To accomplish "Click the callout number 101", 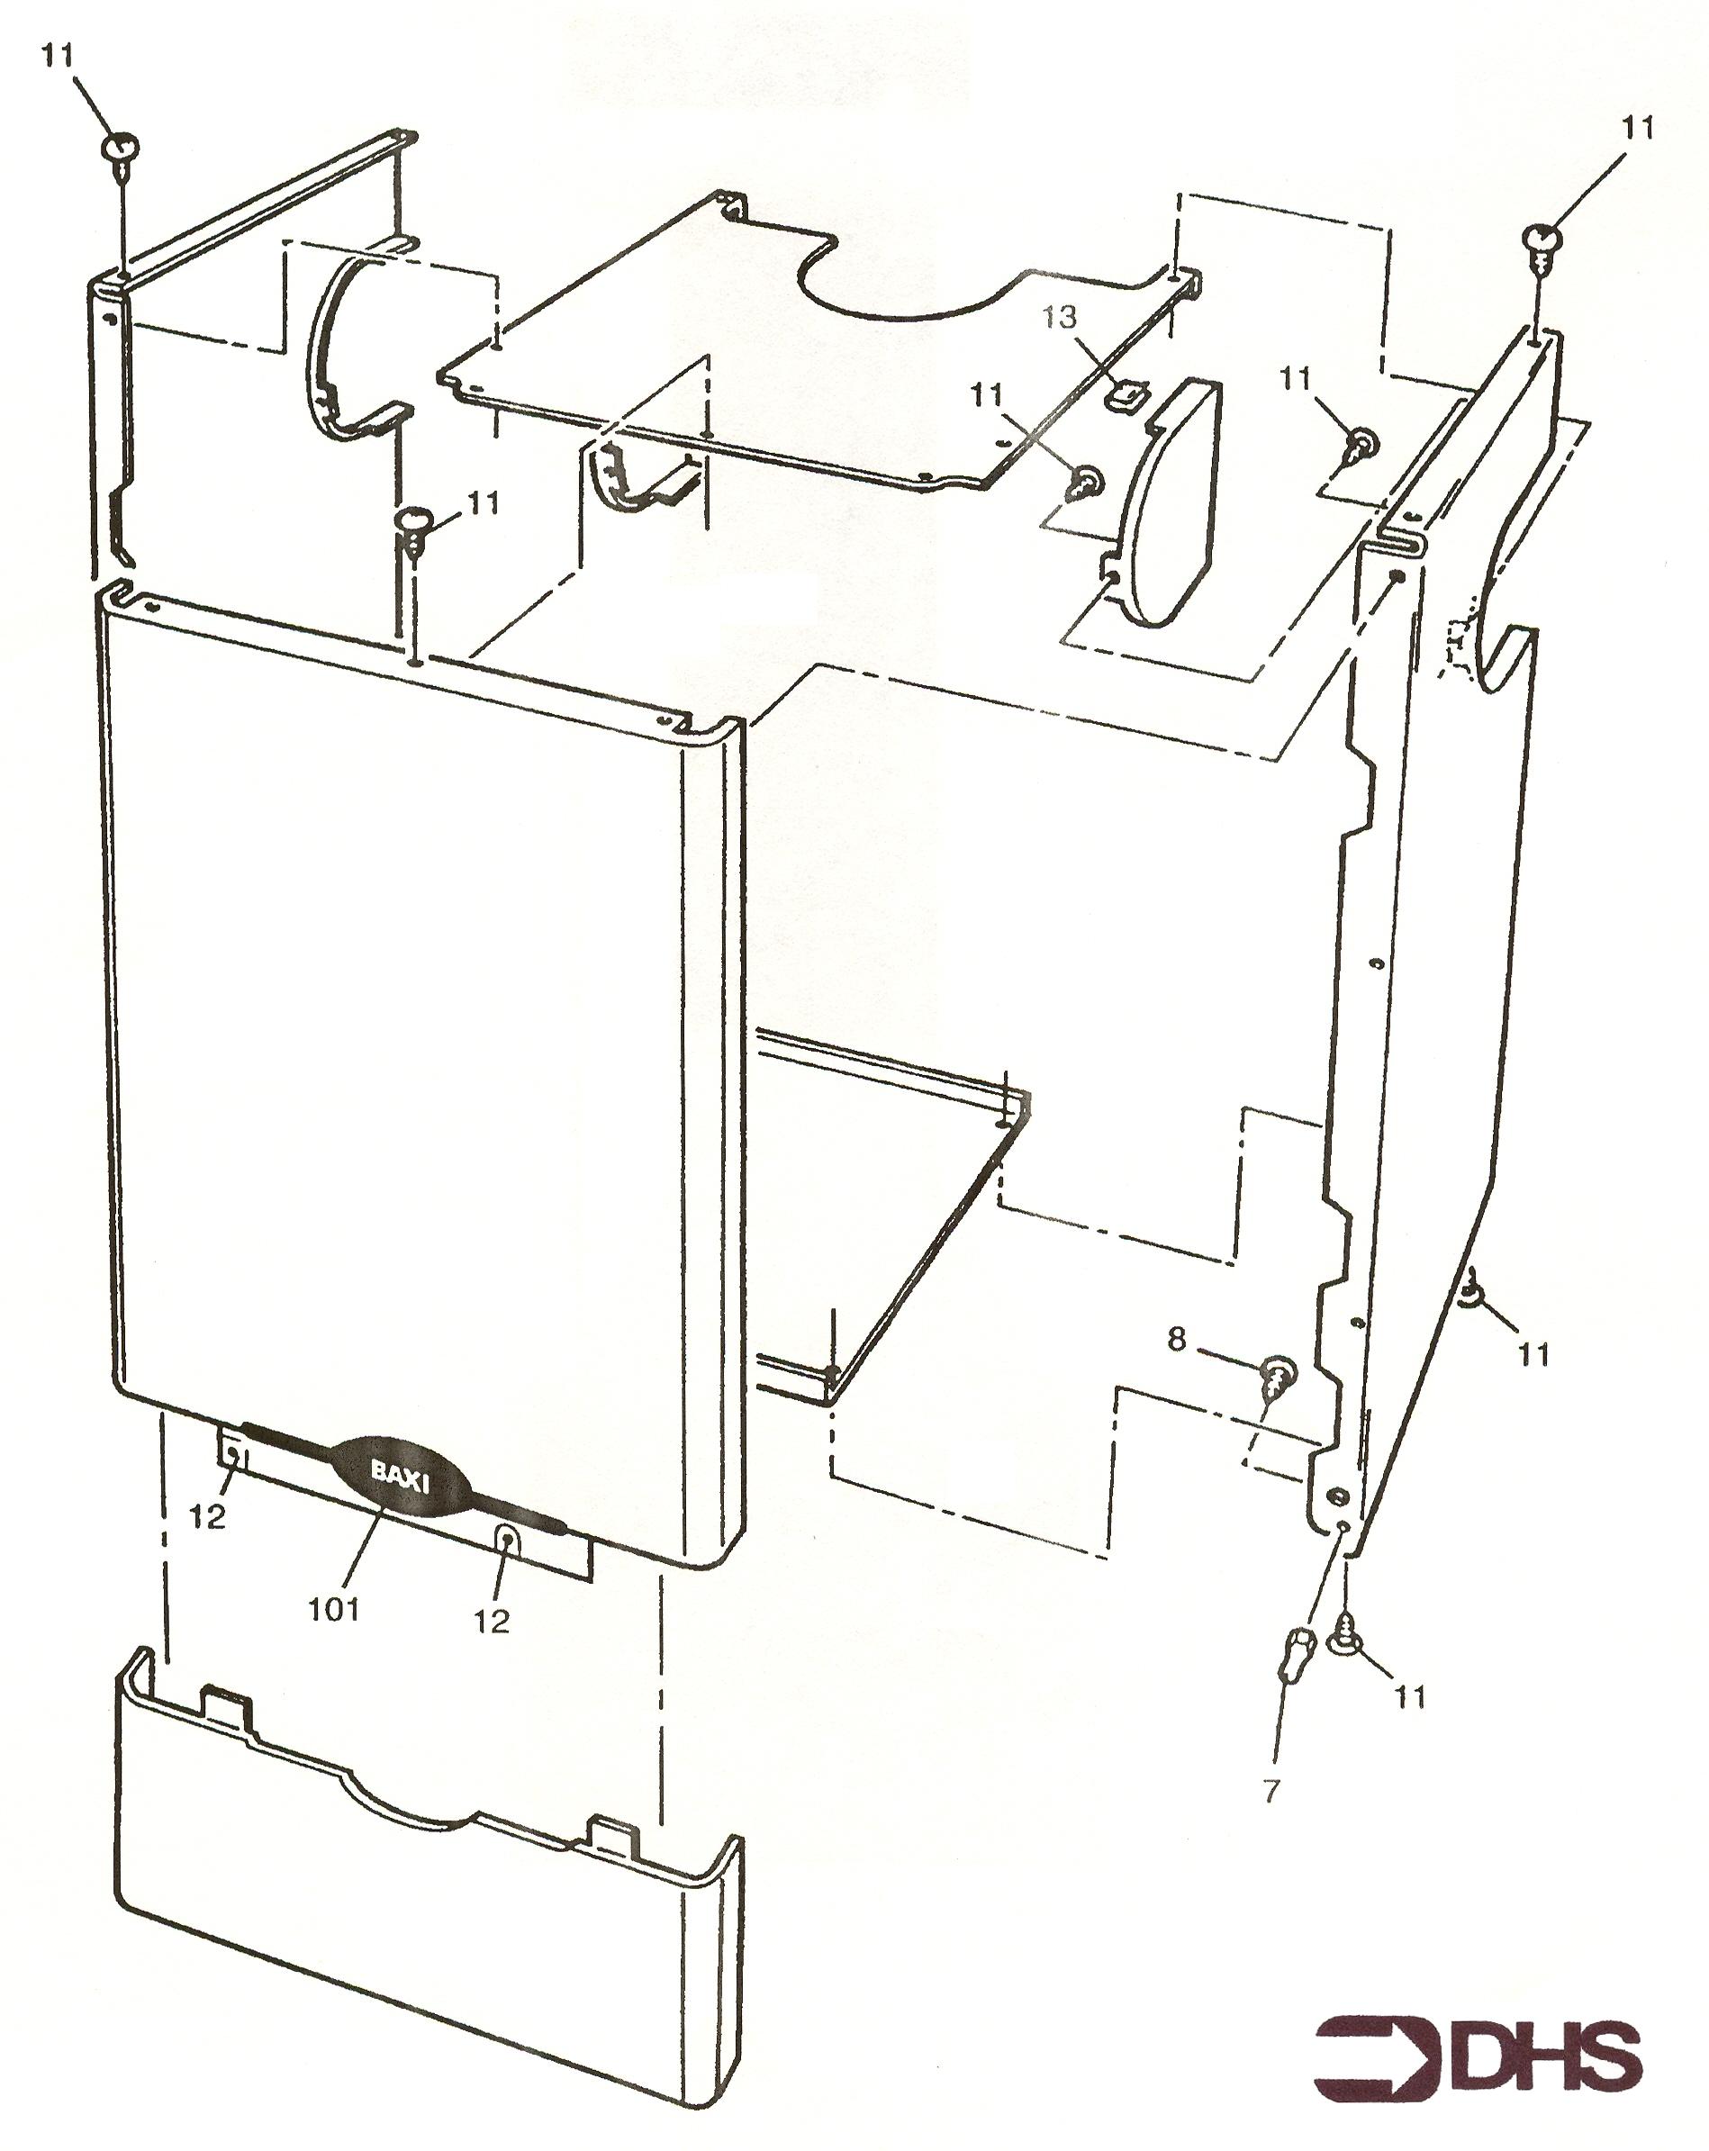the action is coord(333,1608).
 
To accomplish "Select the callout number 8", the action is coord(1177,1339).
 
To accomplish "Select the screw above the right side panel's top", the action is coord(1542,244).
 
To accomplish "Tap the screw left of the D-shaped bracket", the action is coord(1084,484).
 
